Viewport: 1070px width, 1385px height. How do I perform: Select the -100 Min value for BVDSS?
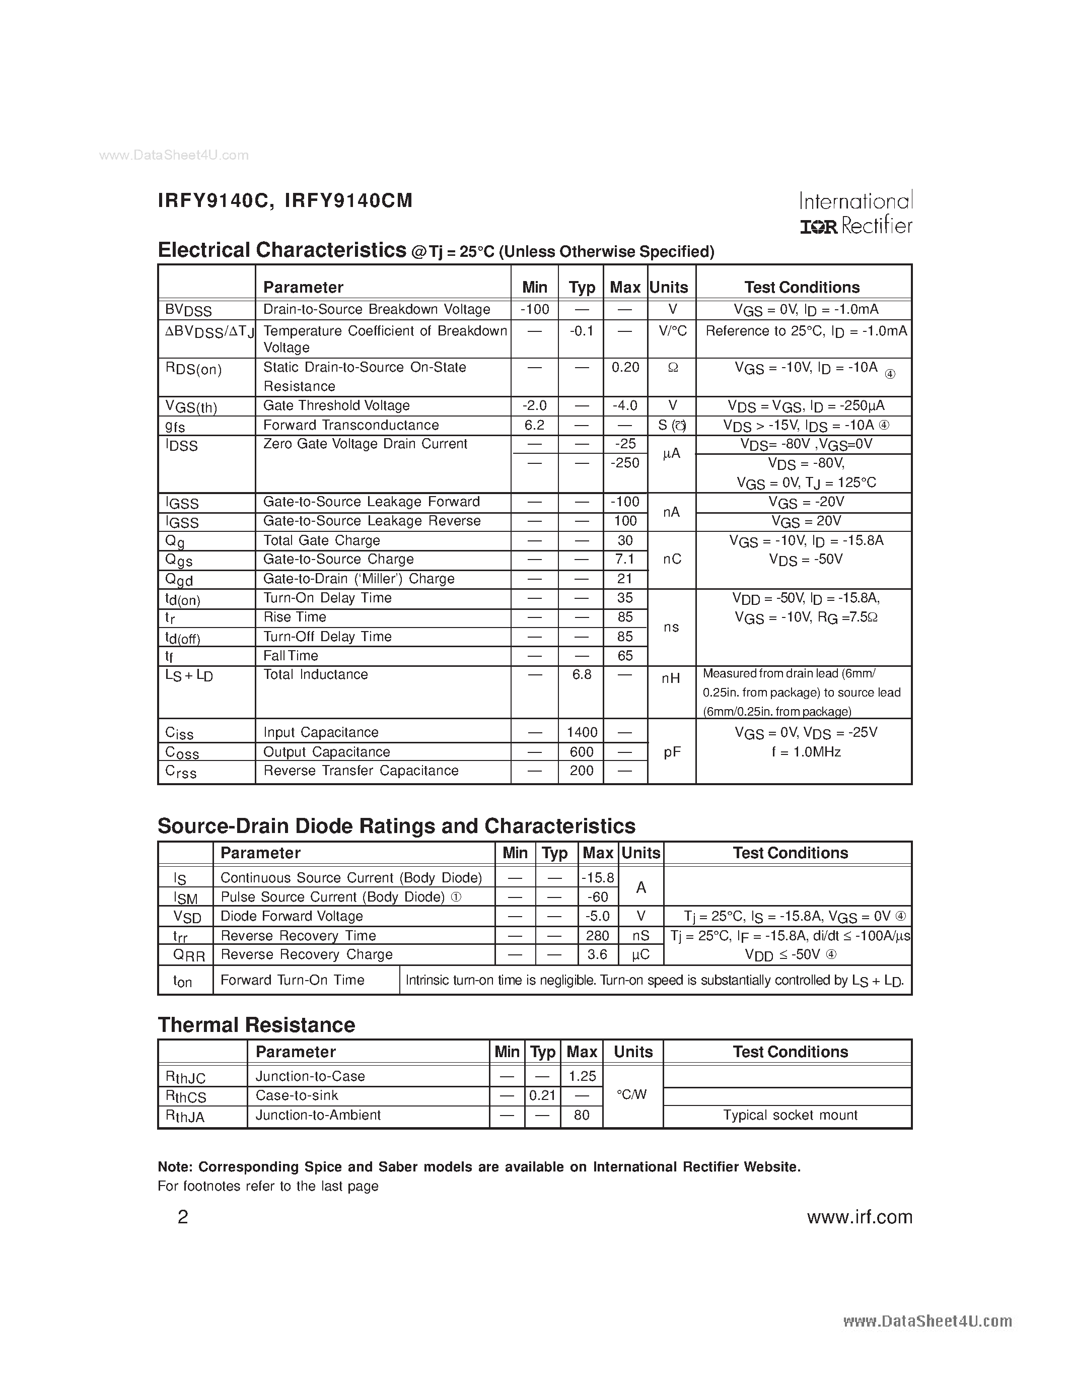[x=534, y=309]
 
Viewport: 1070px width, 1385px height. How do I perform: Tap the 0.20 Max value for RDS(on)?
[x=625, y=367]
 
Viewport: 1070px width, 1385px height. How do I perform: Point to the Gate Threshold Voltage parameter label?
[x=336, y=406]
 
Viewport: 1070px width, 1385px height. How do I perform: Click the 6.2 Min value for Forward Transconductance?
[x=534, y=425]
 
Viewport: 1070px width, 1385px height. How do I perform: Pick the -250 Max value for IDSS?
[x=625, y=463]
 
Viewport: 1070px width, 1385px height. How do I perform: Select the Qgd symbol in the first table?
[x=179, y=580]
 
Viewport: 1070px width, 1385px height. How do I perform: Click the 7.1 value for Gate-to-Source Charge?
[x=625, y=560]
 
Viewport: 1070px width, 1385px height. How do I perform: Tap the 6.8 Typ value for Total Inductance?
[x=581, y=675]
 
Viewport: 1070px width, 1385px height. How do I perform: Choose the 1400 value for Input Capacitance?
[x=581, y=732]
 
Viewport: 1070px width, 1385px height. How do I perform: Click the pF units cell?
[x=672, y=752]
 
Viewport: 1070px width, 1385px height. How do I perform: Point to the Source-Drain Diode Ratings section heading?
[x=396, y=826]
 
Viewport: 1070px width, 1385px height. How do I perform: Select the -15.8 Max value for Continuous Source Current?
[x=598, y=878]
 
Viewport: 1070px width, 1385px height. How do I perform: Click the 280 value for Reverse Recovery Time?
[x=598, y=935]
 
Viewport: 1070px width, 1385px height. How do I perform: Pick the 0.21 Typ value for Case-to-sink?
[x=543, y=1095]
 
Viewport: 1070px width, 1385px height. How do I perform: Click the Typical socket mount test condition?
[x=790, y=1115]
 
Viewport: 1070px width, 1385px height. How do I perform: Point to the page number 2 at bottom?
[x=183, y=1217]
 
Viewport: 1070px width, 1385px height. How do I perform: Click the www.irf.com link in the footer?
[x=859, y=1217]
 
